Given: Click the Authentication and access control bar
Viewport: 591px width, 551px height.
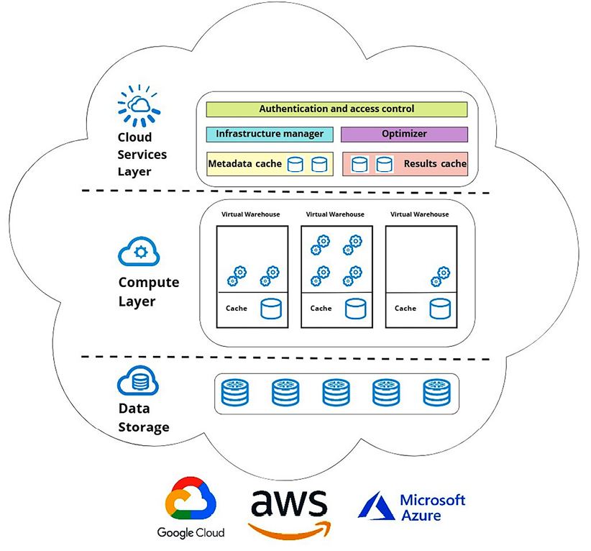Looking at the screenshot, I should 336,109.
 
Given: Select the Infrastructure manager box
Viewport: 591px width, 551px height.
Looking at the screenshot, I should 270,134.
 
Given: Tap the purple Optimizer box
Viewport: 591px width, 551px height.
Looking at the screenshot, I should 404,134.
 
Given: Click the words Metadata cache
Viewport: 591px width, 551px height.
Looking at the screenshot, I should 245,164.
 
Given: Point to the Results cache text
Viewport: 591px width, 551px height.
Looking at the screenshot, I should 435,164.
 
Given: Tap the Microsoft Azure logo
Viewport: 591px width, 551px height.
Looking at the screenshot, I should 412,506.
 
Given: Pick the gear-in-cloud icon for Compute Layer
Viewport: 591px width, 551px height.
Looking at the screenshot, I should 139,252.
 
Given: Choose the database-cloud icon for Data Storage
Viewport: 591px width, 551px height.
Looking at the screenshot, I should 138,381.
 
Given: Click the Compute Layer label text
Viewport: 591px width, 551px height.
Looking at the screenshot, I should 148,291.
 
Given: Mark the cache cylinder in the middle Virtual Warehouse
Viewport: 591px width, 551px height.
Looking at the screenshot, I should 355,309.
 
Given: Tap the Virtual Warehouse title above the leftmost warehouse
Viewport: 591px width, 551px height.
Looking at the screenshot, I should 251,214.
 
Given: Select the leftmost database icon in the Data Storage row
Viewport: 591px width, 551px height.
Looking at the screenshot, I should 234,393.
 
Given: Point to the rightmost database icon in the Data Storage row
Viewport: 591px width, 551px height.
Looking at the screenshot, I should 436,393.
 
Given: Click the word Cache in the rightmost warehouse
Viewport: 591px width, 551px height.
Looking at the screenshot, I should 406,309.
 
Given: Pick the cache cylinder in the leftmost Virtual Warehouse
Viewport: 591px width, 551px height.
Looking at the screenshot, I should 270,309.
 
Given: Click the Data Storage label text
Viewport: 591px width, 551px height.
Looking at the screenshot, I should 144,418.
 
